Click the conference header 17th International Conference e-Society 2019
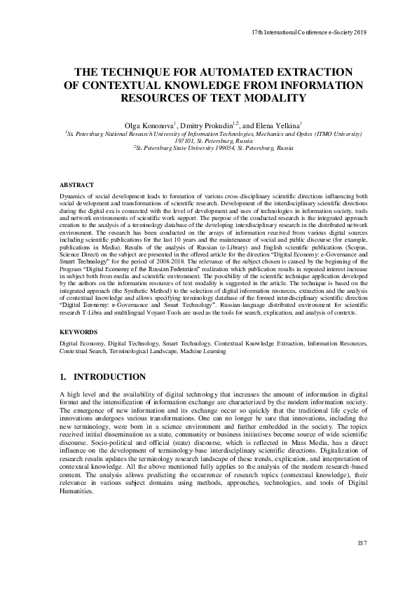click(309, 32)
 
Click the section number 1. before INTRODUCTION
click(64, 377)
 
